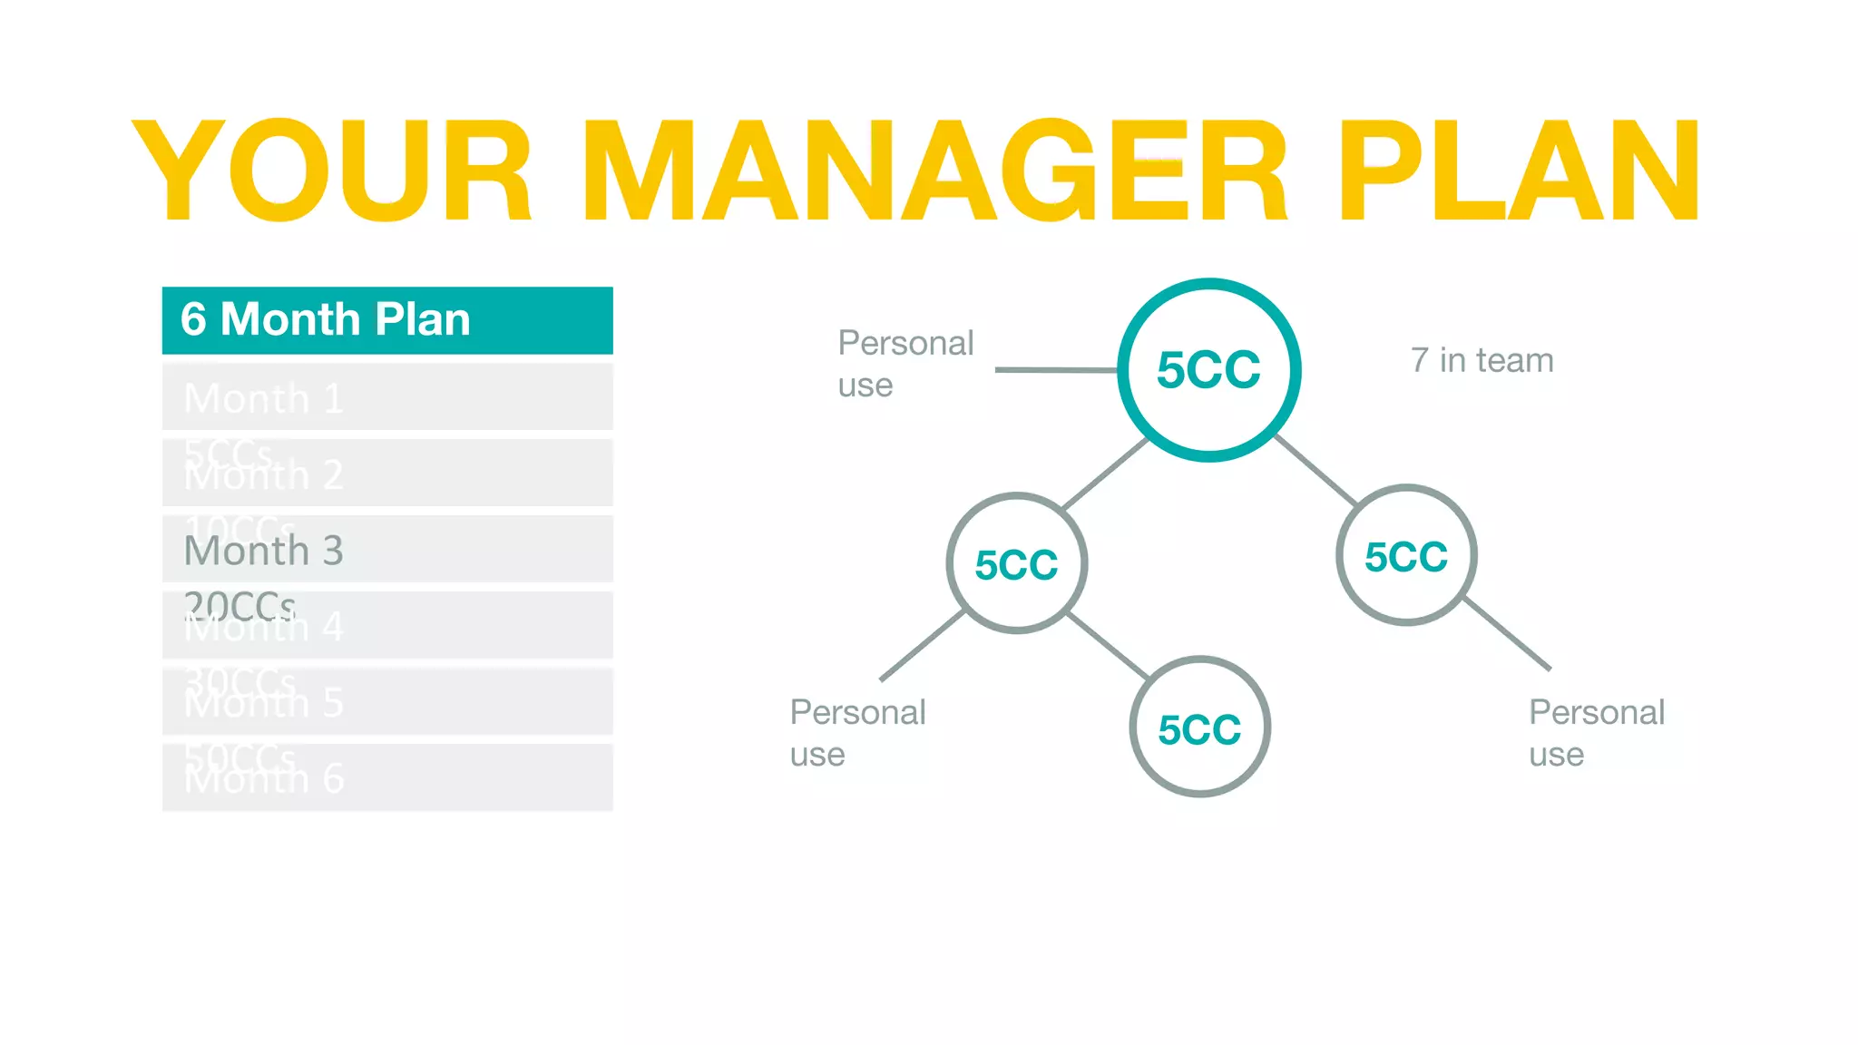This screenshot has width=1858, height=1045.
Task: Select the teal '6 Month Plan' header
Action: pyautogui.click(x=387, y=320)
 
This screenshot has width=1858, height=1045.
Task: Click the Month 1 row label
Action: pyautogui.click(x=263, y=398)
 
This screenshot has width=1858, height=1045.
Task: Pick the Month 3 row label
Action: pyautogui.click(x=263, y=551)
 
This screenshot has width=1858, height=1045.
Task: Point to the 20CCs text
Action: pyautogui.click(x=240, y=604)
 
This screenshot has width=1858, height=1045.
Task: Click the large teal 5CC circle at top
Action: pyautogui.click(x=1208, y=370)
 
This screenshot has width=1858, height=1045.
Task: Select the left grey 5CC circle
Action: pyautogui.click(x=1016, y=564)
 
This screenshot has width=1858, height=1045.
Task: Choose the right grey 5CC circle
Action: pyautogui.click(x=1406, y=556)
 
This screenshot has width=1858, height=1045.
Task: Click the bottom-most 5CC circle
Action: pyautogui.click(x=1199, y=728)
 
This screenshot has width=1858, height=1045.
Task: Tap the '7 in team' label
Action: pyautogui.click(x=1482, y=361)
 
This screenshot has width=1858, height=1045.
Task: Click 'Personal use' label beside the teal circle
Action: pyautogui.click(x=905, y=364)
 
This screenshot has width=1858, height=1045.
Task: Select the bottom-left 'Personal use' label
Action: pyautogui.click(x=857, y=733)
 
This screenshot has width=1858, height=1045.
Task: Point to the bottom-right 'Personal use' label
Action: pyautogui.click(x=1596, y=733)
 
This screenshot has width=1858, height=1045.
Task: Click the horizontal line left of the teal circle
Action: pyautogui.click(x=1057, y=370)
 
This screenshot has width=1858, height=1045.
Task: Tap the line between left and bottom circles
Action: pyautogui.click(x=1108, y=646)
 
